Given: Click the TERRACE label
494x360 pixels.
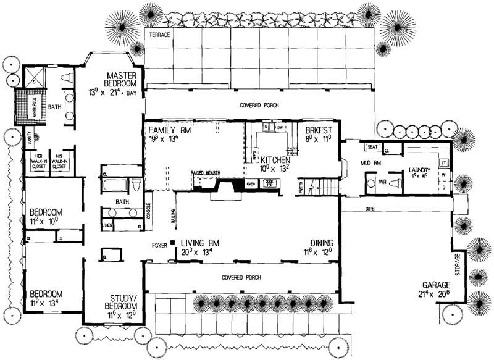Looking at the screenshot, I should tap(159, 35).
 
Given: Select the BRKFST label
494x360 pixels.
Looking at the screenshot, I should tap(319, 130).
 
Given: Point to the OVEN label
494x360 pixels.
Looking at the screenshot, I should tap(251, 183).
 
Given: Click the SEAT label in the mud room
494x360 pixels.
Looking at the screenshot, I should tap(372, 147).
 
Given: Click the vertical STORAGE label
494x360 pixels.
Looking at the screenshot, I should tap(458, 264).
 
